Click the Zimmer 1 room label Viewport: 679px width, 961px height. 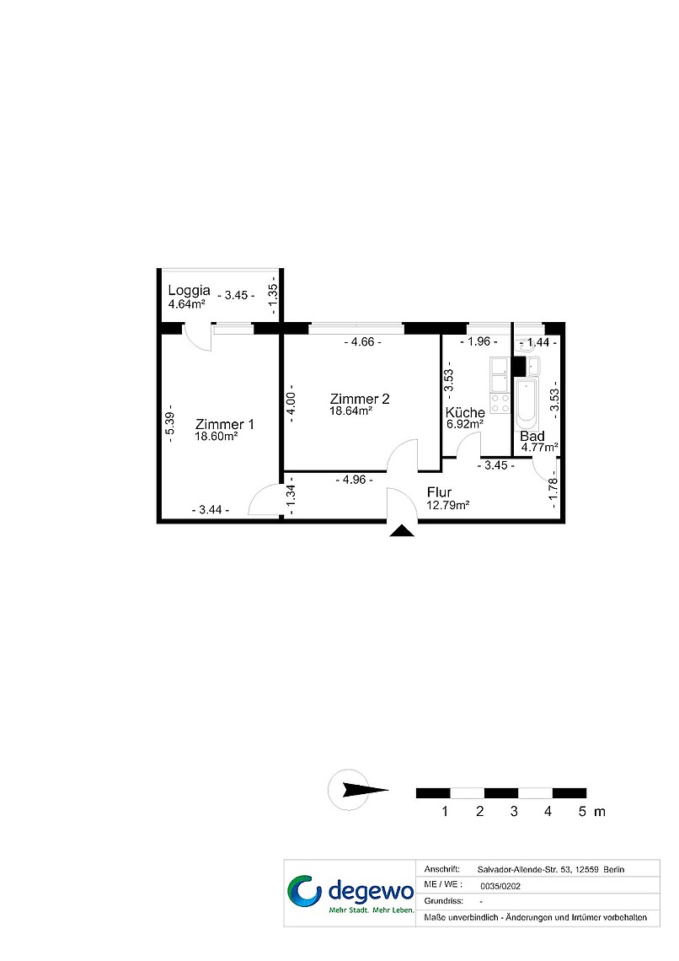[x=224, y=424]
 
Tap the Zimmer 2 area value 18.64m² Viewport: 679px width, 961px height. [x=350, y=411]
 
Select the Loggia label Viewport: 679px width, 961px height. [x=190, y=291]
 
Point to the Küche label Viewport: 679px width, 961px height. [x=465, y=412]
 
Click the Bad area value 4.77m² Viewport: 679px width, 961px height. [x=539, y=448]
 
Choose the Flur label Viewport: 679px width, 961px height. [x=440, y=492]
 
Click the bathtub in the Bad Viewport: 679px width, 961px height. [x=527, y=403]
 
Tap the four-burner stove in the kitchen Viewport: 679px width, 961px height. [x=500, y=403]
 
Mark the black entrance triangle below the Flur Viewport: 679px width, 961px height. [x=402, y=531]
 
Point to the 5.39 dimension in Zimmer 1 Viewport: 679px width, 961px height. [x=170, y=423]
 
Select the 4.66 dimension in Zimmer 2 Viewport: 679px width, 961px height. [x=362, y=342]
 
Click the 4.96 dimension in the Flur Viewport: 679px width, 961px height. [x=355, y=480]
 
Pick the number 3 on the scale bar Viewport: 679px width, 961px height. [x=514, y=812]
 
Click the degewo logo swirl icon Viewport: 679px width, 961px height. [x=305, y=891]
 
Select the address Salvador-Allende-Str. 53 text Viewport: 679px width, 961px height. [x=524, y=869]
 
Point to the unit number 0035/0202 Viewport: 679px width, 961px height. [x=500, y=886]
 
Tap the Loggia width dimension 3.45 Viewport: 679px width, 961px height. [x=237, y=295]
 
